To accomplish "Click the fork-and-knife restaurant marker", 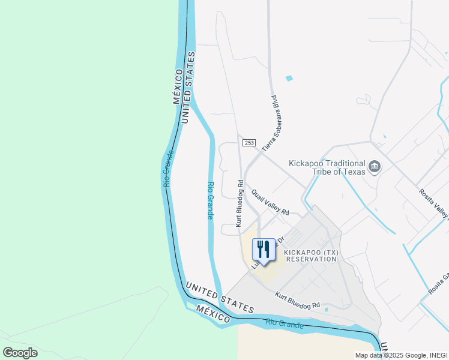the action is [262, 250].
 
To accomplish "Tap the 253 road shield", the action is [249, 143].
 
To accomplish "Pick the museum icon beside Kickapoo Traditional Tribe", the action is [375, 166].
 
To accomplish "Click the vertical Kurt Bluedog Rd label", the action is [240, 204].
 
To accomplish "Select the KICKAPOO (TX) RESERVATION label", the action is [311, 256].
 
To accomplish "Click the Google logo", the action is [20, 353].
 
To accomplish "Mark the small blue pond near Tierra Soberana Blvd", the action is [290, 79].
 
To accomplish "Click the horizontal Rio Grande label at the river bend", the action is [285, 325].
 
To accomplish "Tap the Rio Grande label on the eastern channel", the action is [210, 200].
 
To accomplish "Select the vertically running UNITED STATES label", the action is [188, 88].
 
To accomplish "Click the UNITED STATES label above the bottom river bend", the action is [220, 297].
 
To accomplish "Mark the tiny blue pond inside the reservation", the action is [326, 310].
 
